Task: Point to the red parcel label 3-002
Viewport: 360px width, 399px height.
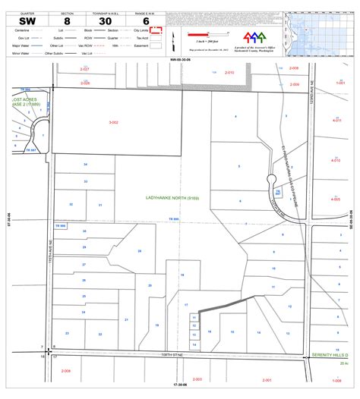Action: [114, 122]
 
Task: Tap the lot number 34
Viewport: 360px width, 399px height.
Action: [85, 165]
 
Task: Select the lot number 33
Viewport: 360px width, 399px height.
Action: [85, 182]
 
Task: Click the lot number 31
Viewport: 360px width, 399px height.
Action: [99, 205]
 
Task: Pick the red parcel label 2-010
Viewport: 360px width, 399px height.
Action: [230, 72]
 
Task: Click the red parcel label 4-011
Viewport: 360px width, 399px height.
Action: [336, 120]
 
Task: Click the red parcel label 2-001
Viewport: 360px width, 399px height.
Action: [197, 379]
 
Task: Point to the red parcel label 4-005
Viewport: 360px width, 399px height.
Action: [336, 199]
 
